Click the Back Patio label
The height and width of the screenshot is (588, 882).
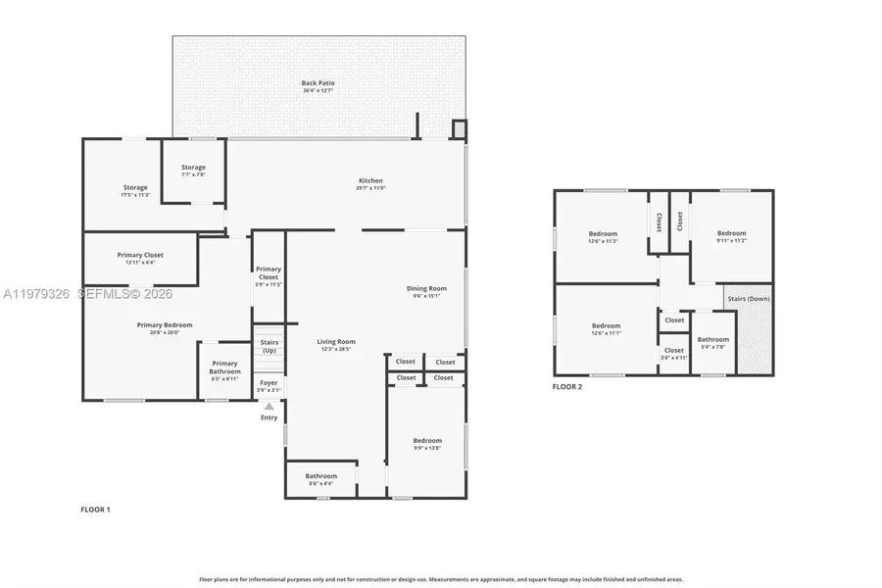pyautogui.click(x=318, y=83)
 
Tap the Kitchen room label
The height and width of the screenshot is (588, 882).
pyautogui.click(x=370, y=181)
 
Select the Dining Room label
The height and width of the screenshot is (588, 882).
pyautogui.click(x=426, y=288)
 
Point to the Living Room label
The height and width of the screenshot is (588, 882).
pyautogui.click(x=336, y=342)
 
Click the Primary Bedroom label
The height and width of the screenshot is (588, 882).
pyautogui.click(x=164, y=325)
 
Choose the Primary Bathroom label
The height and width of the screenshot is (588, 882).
pyautogui.click(x=224, y=368)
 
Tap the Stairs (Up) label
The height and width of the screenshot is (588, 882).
pyautogui.click(x=269, y=346)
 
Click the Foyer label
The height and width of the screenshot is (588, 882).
pyautogui.click(x=269, y=383)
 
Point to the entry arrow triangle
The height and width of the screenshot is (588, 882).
pyautogui.click(x=269, y=405)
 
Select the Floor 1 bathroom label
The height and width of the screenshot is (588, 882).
pyautogui.click(x=320, y=477)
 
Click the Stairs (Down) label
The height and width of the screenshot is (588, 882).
pyautogui.click(x=747, y=297)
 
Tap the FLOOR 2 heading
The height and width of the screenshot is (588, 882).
pyautogui.click(x=566, y=387)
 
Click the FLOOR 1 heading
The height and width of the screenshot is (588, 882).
pyautogui.click(x=95, y=510)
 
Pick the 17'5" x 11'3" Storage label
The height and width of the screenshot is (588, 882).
pyautogui.click(x=135, y=188)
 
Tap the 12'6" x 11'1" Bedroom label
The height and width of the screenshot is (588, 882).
pyautogui.click(x=606, y=326)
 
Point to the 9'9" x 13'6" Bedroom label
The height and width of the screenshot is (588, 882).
pyautogui.click(x=426, y=441)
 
